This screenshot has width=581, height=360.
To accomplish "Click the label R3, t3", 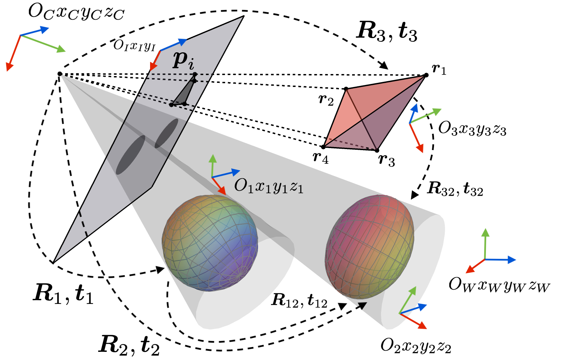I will (386, 32).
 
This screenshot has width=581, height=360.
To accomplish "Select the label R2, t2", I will (129, 345).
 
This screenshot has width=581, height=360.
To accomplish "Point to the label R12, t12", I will (299, 301).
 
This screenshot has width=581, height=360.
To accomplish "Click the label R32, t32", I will (455, 189).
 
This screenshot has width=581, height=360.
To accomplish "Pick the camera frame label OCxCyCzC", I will (76, 13).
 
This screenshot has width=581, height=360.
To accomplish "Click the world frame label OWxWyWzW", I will (499, 285).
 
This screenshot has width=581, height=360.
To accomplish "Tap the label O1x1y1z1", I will (269, 186).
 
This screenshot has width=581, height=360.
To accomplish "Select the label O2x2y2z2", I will (416, 346).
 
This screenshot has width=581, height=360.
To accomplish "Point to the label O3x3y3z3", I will (472, 129).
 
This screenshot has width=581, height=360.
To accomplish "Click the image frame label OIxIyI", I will (134, 45).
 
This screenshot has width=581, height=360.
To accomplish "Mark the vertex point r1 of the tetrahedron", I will (426, 75).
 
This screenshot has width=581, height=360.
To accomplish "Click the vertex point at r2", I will (346, 89).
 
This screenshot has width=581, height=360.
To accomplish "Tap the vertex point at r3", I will (377, 150).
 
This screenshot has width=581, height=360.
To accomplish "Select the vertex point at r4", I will (323, 147).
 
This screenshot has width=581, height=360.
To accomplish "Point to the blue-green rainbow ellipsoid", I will (210, 243).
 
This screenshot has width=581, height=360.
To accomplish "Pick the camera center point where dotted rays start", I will (60, 74).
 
